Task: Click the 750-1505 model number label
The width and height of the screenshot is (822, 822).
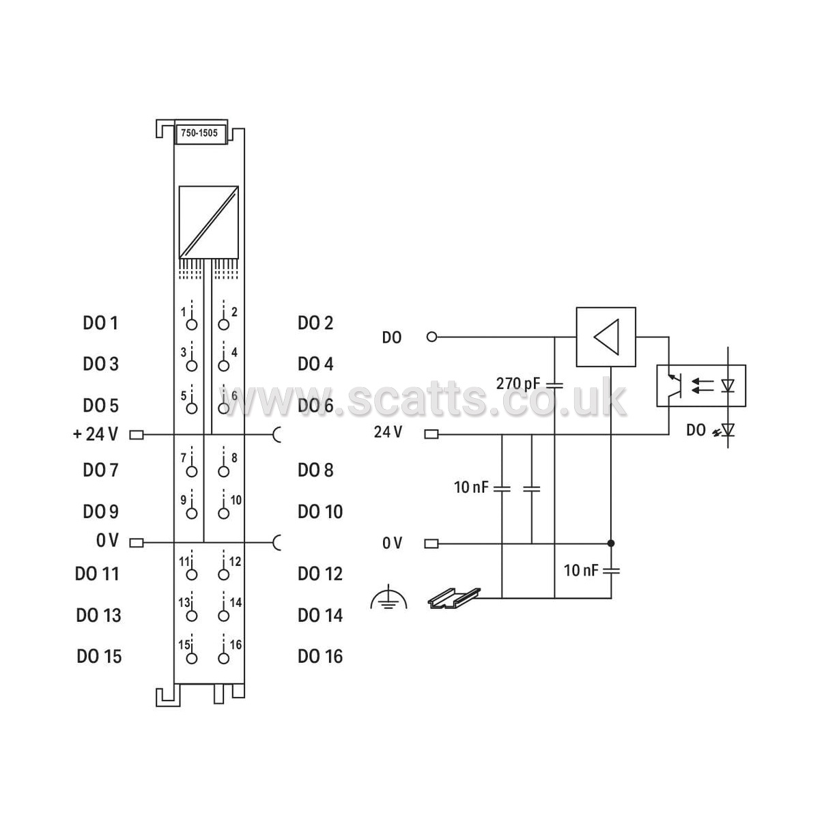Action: [x=199, y=133]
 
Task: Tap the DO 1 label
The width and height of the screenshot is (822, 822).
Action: [x=100, y=324]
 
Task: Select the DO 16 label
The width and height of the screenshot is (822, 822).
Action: [x=320, y=657]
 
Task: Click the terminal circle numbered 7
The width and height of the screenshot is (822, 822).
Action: [x=192, y=472]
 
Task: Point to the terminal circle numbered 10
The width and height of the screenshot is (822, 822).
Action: [x=223, y=513]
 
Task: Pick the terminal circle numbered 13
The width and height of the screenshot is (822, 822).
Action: [x=192, y=616]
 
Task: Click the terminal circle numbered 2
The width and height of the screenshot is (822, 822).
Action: [x=223, y=325]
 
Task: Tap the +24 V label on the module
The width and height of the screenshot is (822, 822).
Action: [x=96, y=434]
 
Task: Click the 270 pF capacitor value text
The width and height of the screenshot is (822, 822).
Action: [x=518, y=384]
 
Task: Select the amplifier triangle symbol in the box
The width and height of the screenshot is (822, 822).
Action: [x=606, y=337]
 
